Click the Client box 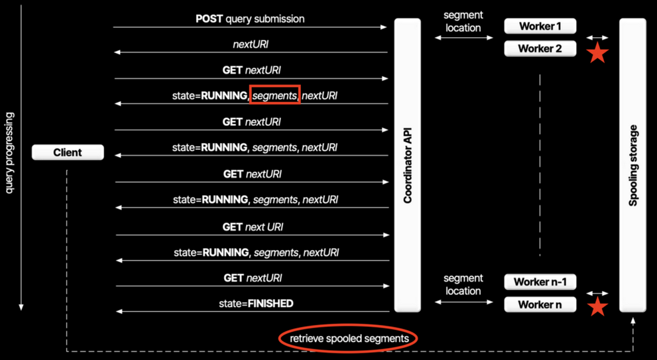[x=68, y=152]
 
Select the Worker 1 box [x=540, y=27]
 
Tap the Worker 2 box [x=540, y=48]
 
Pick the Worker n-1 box [x=540, y=282]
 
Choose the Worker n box [x=540, y=305]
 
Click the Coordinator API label [x=408, y=165]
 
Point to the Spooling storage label [x=632, y=165]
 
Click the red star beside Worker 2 [x=598, y=53]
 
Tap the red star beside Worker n [x=598, y=306]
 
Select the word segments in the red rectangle [x=274, y=95]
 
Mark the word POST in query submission [x=209, y=19]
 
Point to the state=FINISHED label [x=256, y=304]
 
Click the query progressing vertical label [x=9, y=152]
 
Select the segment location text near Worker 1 [x=463, y=21]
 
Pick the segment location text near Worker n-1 [x=463, y=284]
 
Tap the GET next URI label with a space [x=253, y=227]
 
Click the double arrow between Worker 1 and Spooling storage [x=597, y=38]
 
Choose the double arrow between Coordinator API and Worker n [x=464, y=302]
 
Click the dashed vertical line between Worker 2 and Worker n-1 [x=540, y=166]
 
